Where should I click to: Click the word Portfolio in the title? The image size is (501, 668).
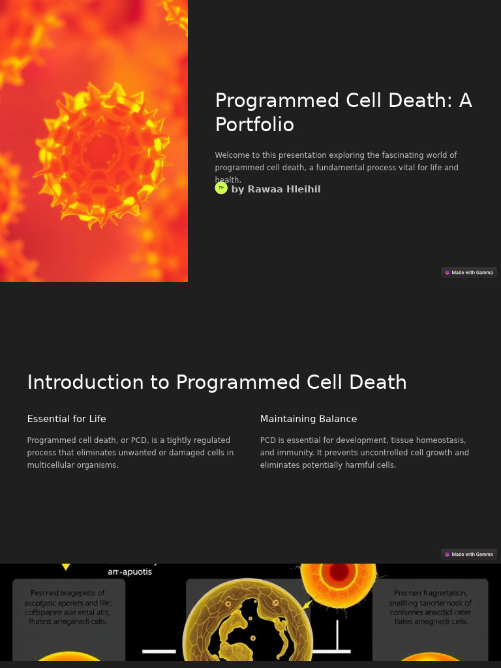point(254,125)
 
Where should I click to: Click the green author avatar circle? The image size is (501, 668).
point(221,188)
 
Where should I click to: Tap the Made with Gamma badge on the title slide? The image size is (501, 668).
point(469,273)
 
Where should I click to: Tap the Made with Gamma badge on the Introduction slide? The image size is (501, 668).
point(469,554)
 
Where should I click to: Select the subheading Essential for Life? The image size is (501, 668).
point(67,419)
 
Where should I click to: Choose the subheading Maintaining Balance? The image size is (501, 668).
point(309,419)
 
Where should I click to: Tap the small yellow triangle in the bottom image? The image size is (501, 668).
point(66,567)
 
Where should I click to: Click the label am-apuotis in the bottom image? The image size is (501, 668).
point(130,572)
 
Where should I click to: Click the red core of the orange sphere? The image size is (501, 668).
point(339,572)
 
